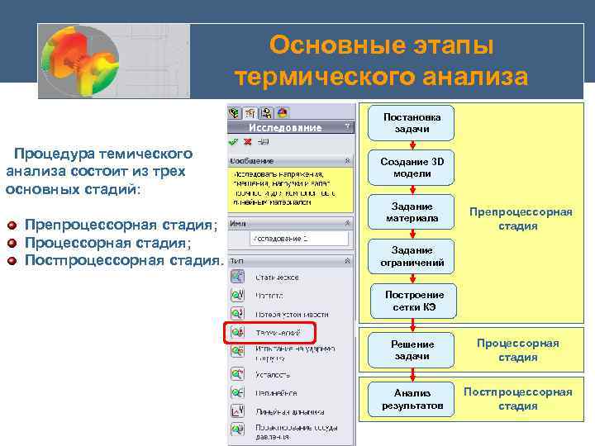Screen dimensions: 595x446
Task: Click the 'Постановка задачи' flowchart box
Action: coord(412,123)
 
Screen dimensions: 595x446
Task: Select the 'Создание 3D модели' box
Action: coord(412,168)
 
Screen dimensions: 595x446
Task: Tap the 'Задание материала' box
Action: coord(412,212)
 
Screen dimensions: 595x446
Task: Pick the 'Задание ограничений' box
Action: coord(412,257)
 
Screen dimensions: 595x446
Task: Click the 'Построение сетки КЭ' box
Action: coord(412,301)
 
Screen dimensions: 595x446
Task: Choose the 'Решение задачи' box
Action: coord(412,349)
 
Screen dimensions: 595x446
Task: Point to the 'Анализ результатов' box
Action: coord(412,400)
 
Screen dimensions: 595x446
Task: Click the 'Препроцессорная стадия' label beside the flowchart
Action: coord(521,219)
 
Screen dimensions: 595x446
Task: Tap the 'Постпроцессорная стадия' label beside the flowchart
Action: coord(518,399)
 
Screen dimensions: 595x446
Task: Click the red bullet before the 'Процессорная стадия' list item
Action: coord(11,243)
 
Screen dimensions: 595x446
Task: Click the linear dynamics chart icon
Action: coord(237,410)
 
